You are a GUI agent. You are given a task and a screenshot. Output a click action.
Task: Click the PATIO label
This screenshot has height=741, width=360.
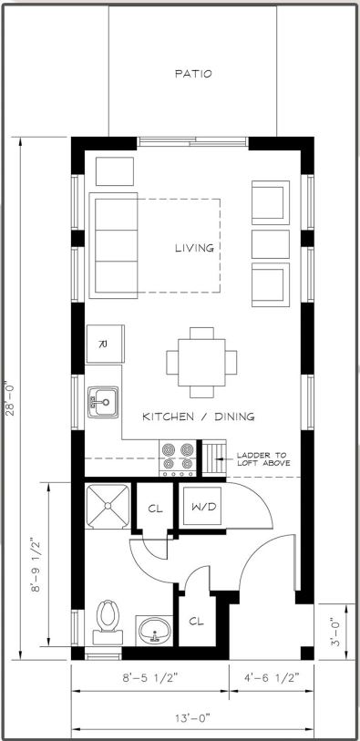pyautogui.click(x=193, y=74)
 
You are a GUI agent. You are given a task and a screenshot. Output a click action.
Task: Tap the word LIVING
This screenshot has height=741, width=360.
pyautogui.click(x=194, y=248)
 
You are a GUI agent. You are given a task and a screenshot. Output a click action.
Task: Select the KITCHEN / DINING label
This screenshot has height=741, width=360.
pyautogui.click(x=199, y=417)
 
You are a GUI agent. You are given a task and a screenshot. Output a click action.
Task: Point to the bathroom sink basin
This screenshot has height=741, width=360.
pyautogui.click(x=155, y=630)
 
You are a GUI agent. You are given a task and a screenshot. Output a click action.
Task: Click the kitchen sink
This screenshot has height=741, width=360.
pyautogui.click(x=103, y=402)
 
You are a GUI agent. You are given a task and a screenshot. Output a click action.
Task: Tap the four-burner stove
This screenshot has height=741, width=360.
pyautogui.click(x=178, y=458)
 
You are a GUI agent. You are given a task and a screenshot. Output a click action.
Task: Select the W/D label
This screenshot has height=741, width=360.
pyautogui.click(x=203, y=507)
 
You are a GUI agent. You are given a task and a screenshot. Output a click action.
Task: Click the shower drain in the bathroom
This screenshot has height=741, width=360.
pyautogui.click(x=108, y=506)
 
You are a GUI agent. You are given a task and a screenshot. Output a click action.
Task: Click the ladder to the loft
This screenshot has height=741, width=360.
pyautogui.click(x=214, y=458)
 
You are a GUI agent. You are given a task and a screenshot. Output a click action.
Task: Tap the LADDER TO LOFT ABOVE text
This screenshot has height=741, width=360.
pyautogui.click(x=263, y=459)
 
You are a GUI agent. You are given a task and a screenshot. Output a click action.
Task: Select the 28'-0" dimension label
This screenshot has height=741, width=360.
pyautogui.click(x=10, y=399)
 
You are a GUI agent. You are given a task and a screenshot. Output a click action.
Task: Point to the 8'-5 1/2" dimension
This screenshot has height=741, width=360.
pyautogui.click(x=150, y=679)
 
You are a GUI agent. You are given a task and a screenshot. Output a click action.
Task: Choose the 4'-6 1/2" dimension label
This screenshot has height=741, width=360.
pyautogui.click(x=272, y=679)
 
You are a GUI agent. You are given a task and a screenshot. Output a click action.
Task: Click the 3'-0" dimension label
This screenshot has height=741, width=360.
pyautogui.click(x=334, y=633)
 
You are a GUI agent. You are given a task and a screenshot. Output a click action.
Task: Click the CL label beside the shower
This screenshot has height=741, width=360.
pyautogui.click(x=155, y=509)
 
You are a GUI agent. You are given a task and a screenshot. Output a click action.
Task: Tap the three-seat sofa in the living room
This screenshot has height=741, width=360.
pyautogui.click(x=113, y=245)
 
